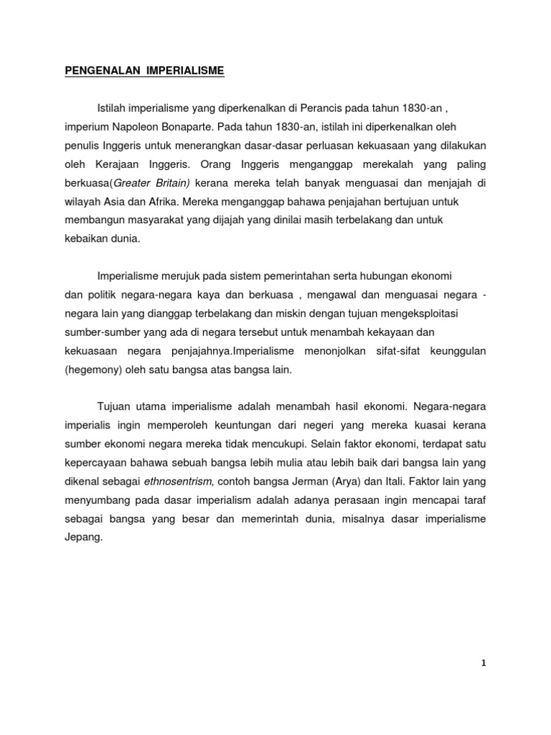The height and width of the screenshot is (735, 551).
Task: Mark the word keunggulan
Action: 458,351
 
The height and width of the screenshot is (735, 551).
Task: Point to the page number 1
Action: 484,663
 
